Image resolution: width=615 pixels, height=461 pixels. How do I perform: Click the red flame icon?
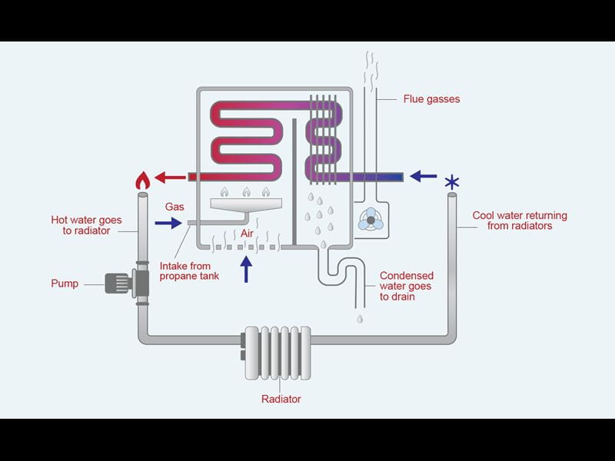[x=142, y=180]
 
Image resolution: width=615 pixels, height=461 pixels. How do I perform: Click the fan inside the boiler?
[x=372, y=219]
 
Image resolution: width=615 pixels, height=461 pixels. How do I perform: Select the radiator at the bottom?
[x=277, y=353]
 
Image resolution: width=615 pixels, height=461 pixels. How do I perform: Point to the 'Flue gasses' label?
[x=432, y=99]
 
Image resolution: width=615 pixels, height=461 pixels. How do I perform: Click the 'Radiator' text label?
[x=281, y=399]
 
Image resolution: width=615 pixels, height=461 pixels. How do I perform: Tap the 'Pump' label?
[x=65, y=284]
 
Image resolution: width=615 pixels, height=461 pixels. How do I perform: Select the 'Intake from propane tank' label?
[x=190, y=271]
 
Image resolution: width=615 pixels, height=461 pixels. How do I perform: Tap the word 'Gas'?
[x=175, y=207]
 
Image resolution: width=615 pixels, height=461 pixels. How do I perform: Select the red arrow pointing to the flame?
[x=170, y=178]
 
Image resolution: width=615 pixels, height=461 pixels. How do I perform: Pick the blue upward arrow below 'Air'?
[x=247, y=269]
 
